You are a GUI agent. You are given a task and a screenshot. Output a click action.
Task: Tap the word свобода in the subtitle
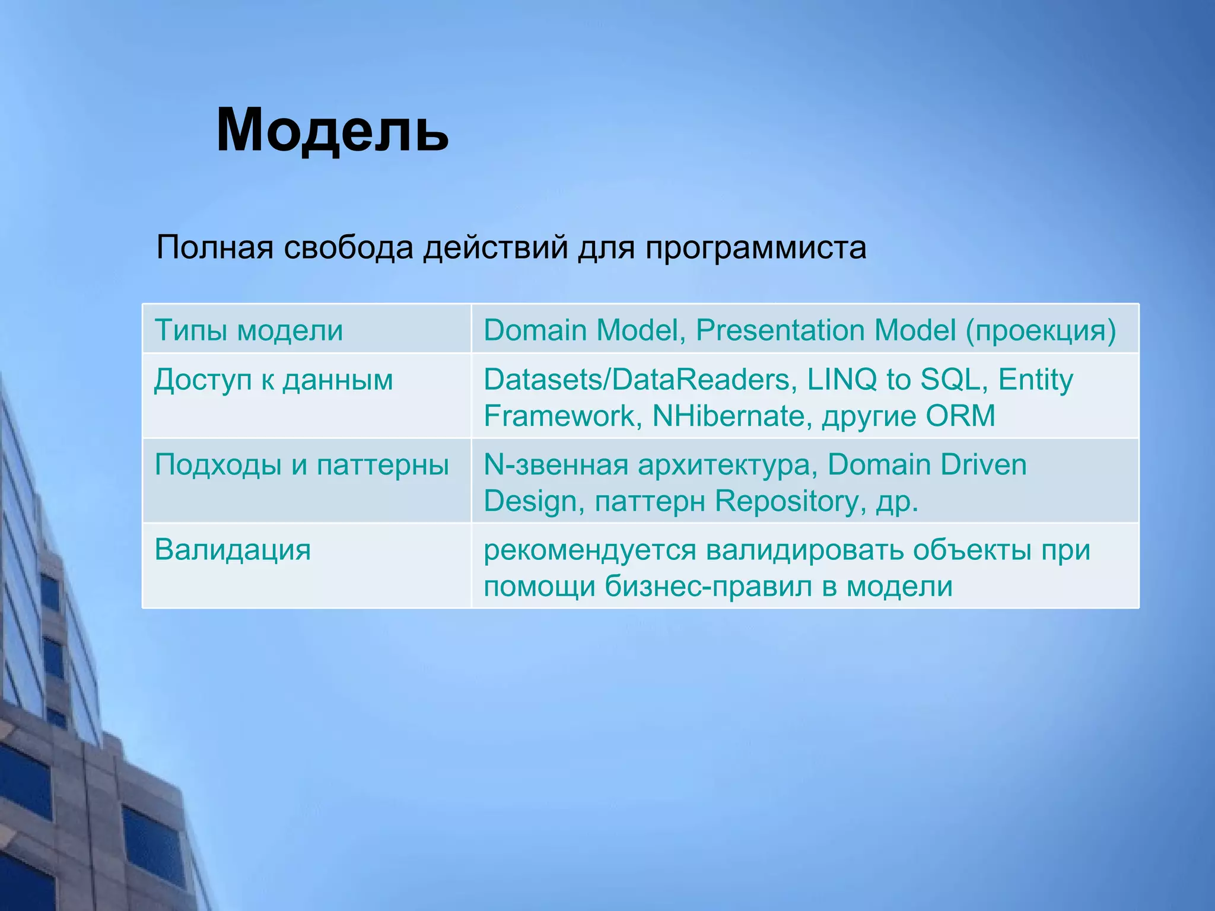(x=348, y=248)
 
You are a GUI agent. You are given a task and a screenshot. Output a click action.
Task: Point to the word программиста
(x=755, y=248)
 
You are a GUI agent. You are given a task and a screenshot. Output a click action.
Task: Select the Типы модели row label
(x=249, y=330)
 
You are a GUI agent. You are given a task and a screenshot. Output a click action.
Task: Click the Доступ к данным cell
(x=273, y=380)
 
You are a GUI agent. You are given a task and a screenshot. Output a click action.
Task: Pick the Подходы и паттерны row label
(x=301, y=464)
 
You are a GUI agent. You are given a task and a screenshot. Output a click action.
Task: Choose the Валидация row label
(x=233, y=550)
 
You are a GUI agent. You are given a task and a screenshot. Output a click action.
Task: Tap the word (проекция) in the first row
(x=1041, y=330)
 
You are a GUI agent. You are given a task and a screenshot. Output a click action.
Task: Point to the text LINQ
(x=842, y=380)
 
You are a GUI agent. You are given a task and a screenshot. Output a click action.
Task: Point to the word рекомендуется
(x=590, y=550)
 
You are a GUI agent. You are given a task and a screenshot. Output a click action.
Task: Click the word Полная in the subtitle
(x=215, y=248)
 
